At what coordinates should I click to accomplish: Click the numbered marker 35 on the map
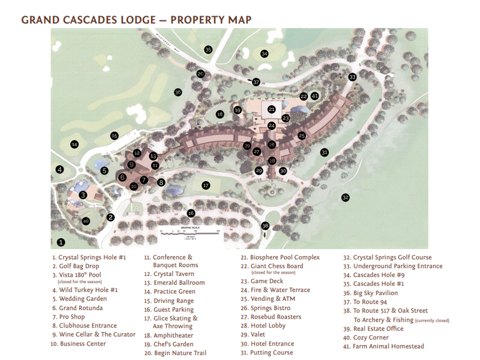(208, 50)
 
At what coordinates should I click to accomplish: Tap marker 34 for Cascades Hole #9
(265, 54)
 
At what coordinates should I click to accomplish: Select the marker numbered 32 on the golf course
(345, 197)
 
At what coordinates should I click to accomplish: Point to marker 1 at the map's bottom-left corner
(61, 243)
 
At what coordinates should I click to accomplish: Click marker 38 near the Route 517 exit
(265, 226)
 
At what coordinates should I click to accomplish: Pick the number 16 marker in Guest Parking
(191, 213)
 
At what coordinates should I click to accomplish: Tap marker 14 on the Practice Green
(74, 144)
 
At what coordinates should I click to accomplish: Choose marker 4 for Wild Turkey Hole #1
(59, 170)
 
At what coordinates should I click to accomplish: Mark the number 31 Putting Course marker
(325, 152)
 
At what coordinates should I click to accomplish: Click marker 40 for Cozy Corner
(86, 221)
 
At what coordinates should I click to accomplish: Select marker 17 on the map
(206, 185)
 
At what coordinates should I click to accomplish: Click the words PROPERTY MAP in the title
(211, 20)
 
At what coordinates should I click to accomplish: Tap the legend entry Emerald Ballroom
(179, 283)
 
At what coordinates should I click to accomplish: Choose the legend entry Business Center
(82, 344)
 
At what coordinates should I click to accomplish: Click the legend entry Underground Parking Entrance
(397, 266)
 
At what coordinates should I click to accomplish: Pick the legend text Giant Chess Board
(277, 266)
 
